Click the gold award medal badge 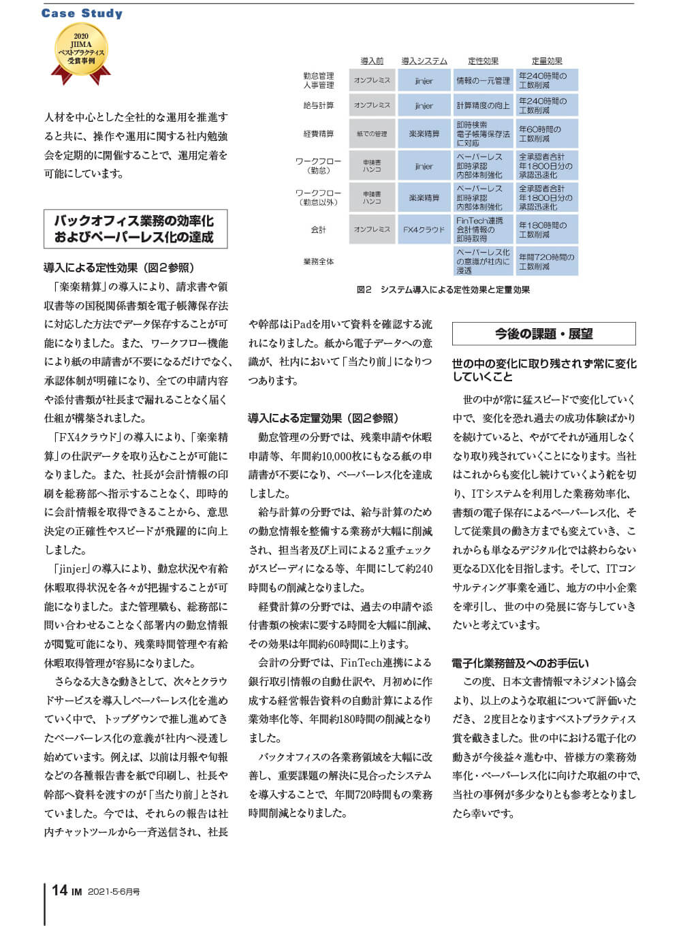pyautogui.click(x=81, y=52)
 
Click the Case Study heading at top pyautogui.click(x=82, y=13)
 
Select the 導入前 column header pyautogui.click(x=372, y=61)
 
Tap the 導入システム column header pyautogui.click(x=424, y=61)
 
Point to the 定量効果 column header pyautogui.click(x=547, y=61)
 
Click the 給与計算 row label pyautogui.click(x=319, y=106)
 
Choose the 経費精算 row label pyautogui.click(x=319, y=134)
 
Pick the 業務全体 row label pyautogui.click(x=319, y=261)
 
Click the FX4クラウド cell pyautogui.click(x=424, y=230)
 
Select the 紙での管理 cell pyautogui.click(x=372, y=134)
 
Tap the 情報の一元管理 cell pyautogui.click(x=483, y=80)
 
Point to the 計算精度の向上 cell pyautogui.click(x=483, y=106)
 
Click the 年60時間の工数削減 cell pyautogui.click(x=547, y=134)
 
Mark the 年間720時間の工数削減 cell pyautogui.click(x=547, y=261)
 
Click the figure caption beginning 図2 pyautogui.click(x=443, y=289)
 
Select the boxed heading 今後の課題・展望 pyautogui.click(x=543, y=334)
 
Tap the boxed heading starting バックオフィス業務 pyautogui.click(x=135, y=229)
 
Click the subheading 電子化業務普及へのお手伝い pyautogui.click(x=520, y=663)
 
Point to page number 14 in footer pyautogui.click(x=60, y=891)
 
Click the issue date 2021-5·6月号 pyautogui.click(x=114, y=892)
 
